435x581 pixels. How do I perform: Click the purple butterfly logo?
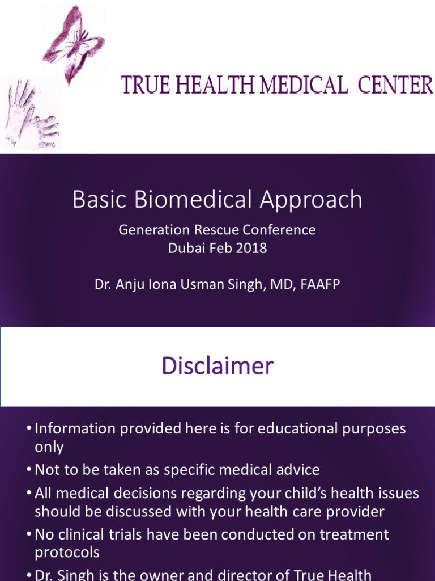point(74,43)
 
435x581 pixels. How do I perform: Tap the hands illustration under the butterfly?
point(31,113)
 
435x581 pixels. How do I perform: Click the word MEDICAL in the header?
point(304,86)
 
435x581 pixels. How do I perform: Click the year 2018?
point(252,249)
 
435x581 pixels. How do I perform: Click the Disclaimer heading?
point(217,366)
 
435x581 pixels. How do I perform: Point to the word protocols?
point(67,553)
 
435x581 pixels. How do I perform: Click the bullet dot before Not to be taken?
point(29,470)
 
